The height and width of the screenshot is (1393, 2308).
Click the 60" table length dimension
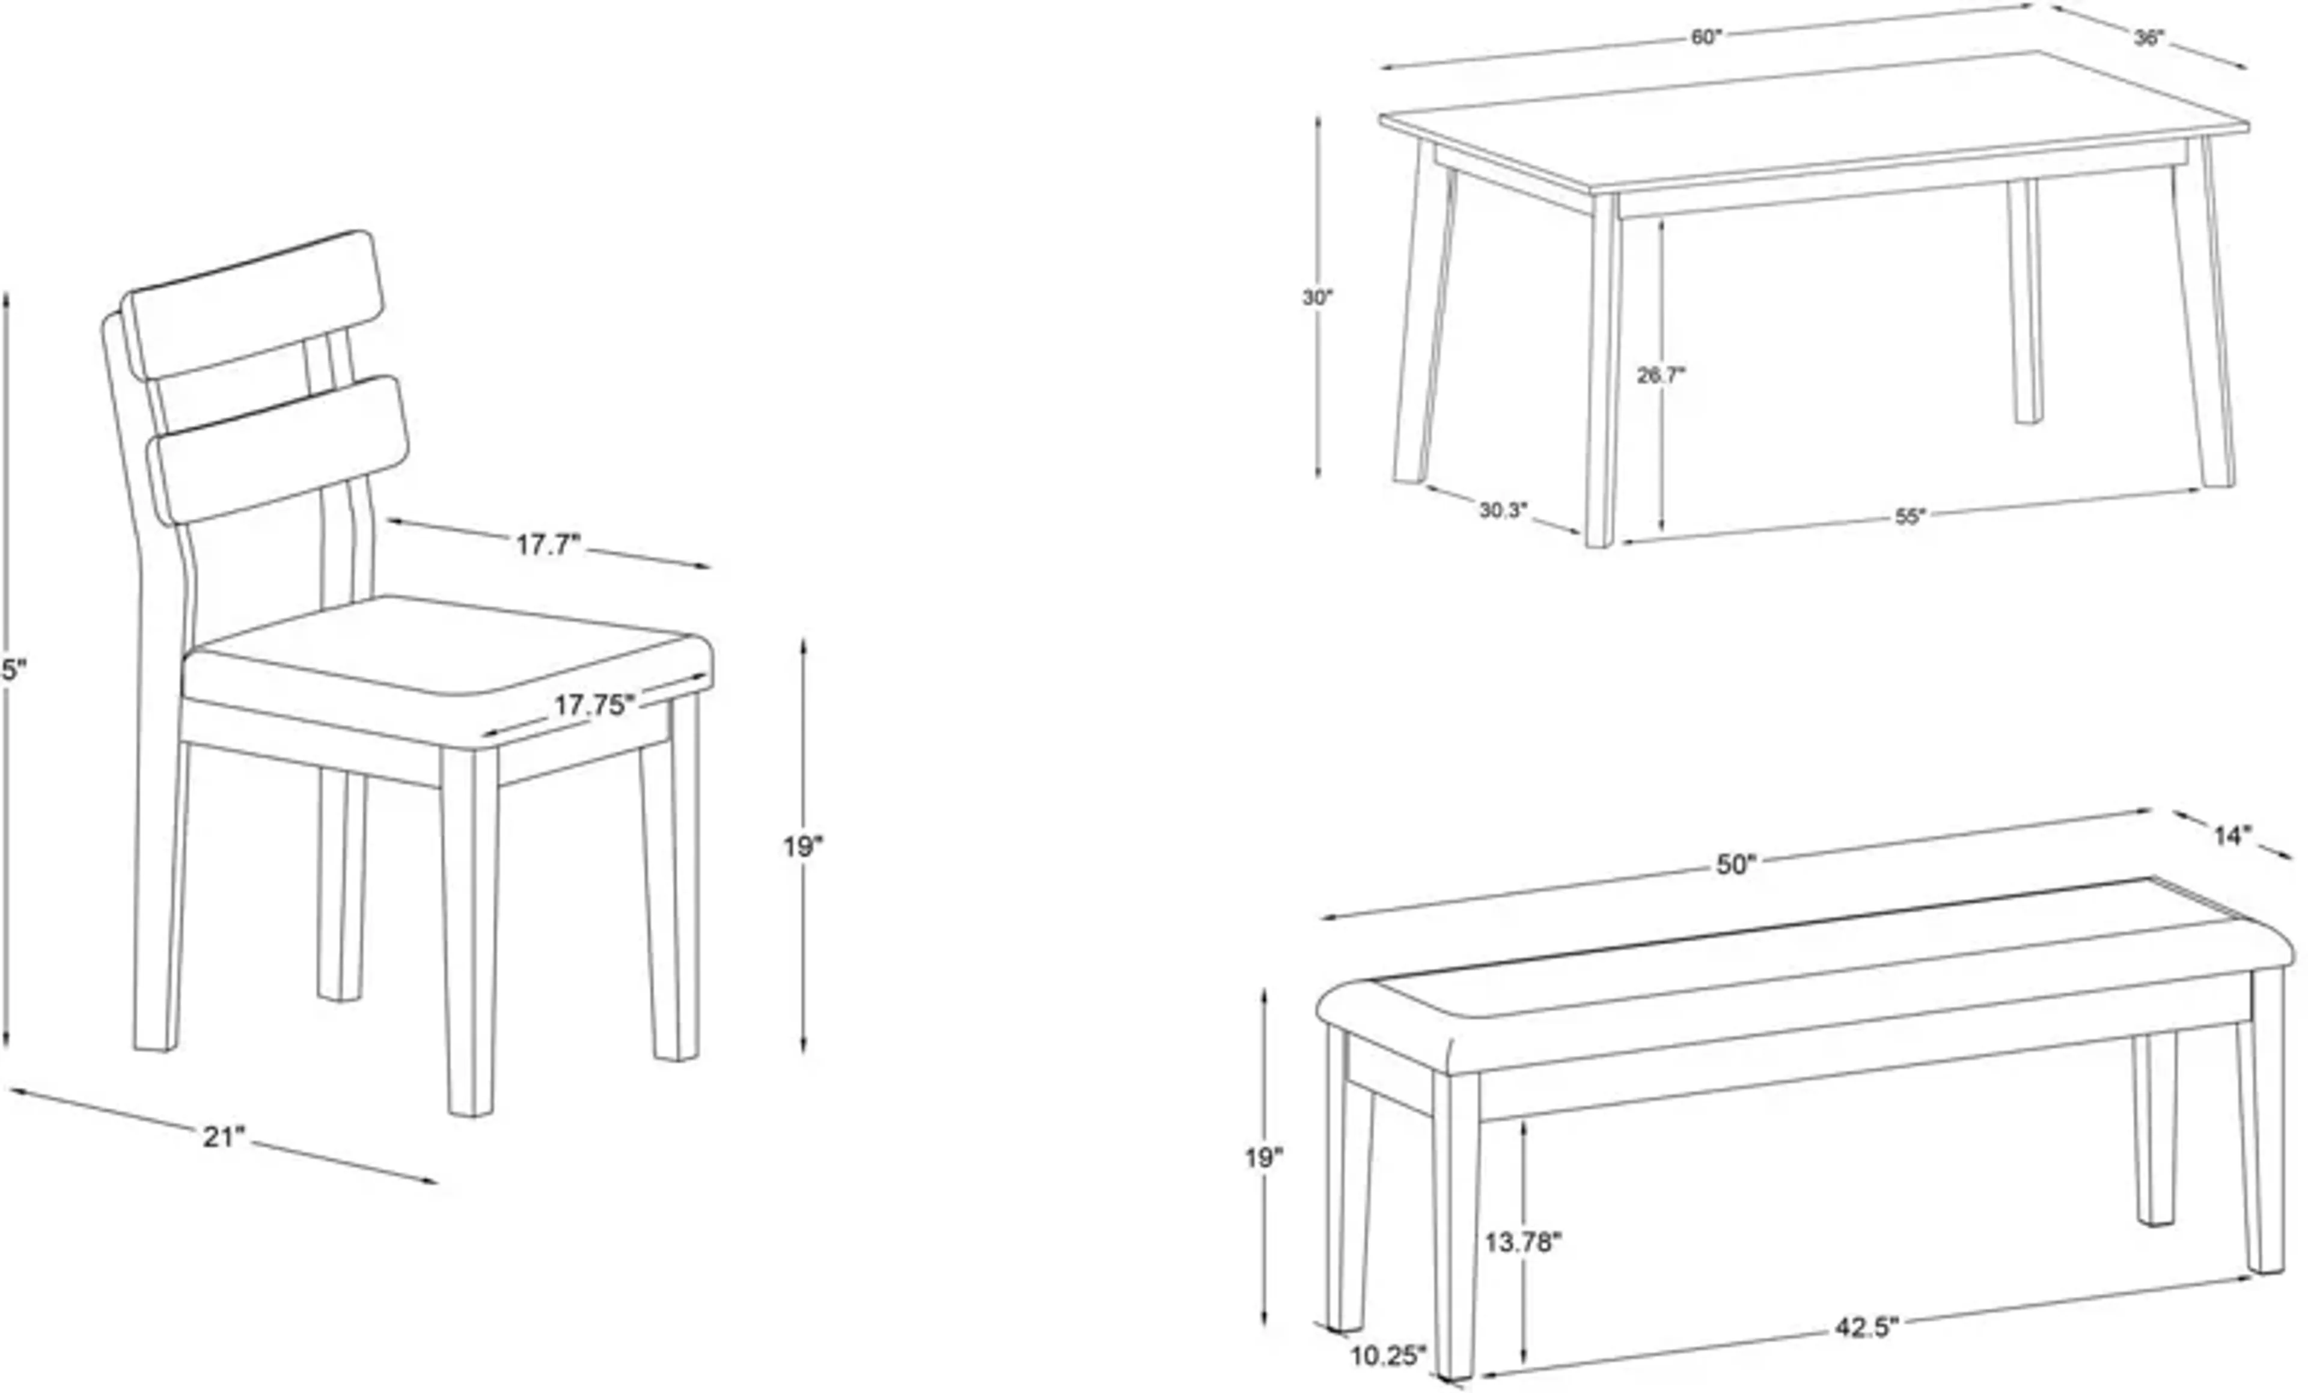(1706, 37)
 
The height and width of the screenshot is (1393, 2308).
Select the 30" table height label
(1317, 299)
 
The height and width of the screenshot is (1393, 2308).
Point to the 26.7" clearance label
(1661, 376)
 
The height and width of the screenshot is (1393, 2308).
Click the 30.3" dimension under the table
(1503, 511)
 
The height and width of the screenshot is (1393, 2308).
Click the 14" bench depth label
(2233, 835)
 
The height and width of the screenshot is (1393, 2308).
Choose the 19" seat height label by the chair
(804, 847)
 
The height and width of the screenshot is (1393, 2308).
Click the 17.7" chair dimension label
(549, 545)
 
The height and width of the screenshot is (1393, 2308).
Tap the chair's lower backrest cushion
(279, 450)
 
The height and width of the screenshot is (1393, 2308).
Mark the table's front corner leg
(1602, 375)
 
